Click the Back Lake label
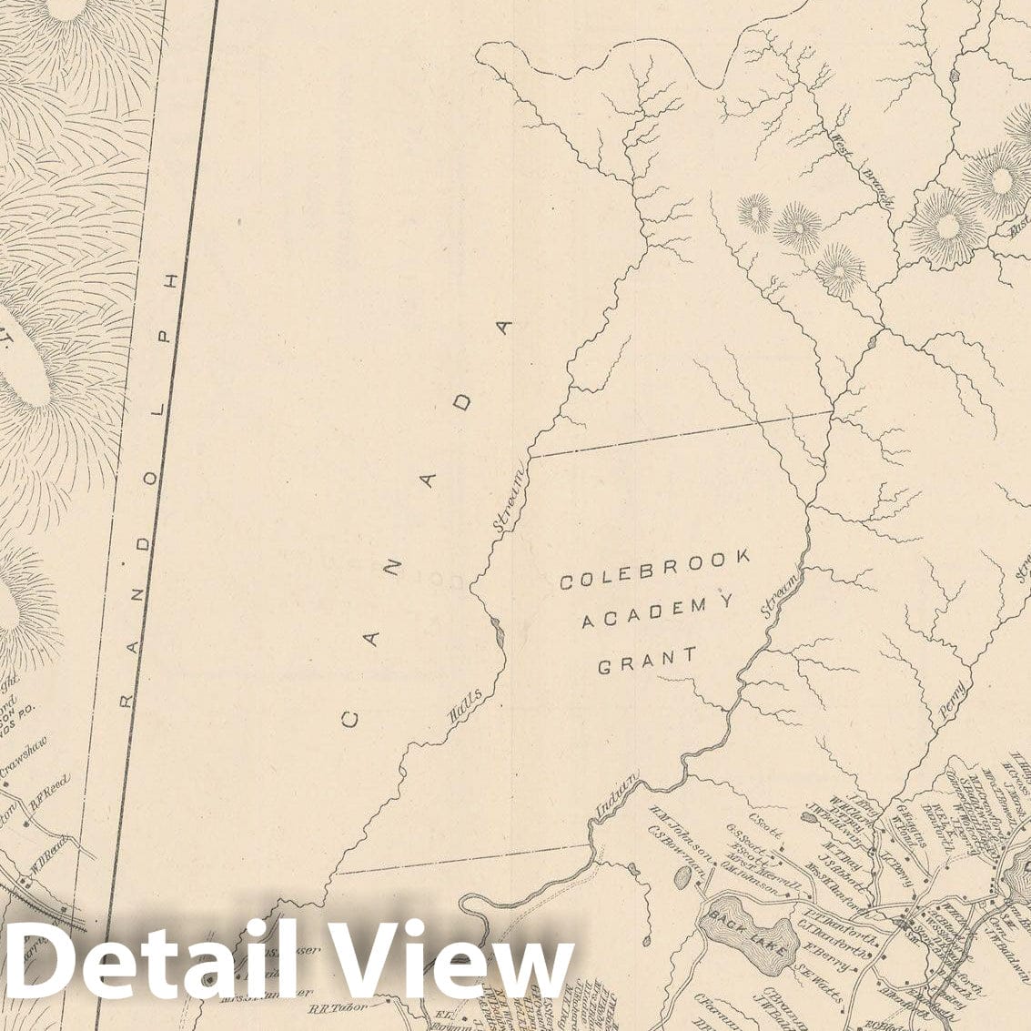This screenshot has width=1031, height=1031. click(744, 924)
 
